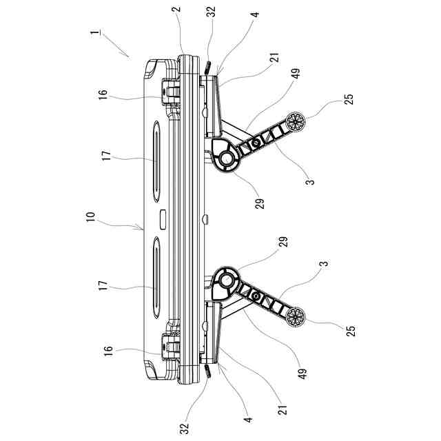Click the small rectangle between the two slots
point(162,220)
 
